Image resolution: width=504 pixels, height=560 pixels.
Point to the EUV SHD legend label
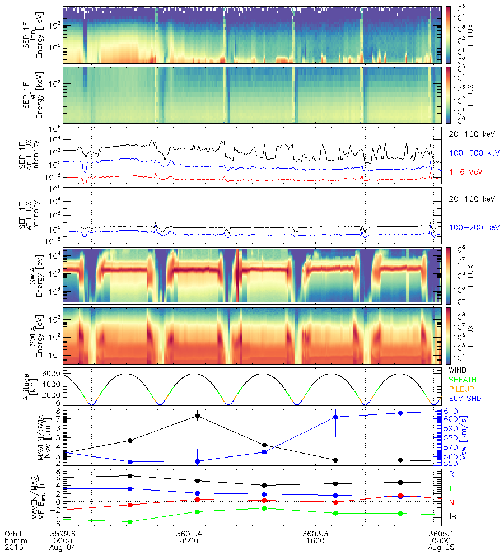point(464,399)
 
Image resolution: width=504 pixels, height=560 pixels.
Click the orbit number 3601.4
point(188,534)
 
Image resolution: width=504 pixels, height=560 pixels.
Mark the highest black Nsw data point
point(198,416)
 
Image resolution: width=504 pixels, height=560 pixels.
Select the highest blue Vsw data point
point(400,413)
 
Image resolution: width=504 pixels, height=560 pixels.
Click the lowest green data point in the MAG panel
point(130,521)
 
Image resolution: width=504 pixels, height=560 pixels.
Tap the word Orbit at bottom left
point(13,534)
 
